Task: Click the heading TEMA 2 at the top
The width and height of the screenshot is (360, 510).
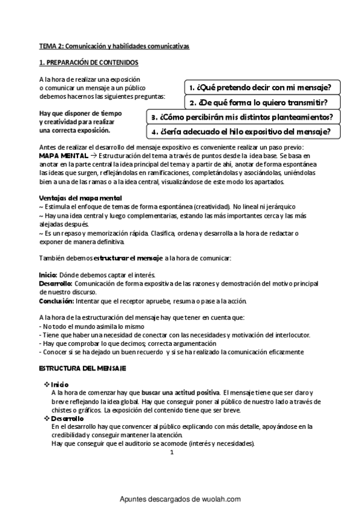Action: click(114, 46)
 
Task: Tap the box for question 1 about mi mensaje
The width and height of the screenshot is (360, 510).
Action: click(261, 87)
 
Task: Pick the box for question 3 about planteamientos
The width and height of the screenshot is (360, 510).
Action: click(243, 116)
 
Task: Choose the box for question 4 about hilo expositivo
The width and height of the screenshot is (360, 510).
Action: click(243, 131)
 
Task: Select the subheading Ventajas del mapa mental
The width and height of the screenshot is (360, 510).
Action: click(80, 198)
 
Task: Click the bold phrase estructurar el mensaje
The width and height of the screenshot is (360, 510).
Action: click(128, 258)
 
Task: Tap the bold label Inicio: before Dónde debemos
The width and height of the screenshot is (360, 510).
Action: click(48, 274)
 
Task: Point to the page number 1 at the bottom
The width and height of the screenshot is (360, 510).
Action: click(171, 453)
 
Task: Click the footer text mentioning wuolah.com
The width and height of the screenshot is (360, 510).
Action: click(180, 499)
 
